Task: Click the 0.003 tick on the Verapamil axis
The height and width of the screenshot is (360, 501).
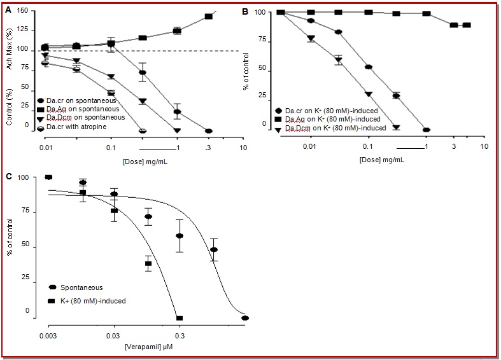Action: (x=48, y=333)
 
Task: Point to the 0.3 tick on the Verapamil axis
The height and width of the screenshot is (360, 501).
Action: (x=180, y=333)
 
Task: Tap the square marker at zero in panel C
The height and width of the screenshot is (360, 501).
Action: (x=180, y=318)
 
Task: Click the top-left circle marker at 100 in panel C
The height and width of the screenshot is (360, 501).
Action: (x=48, y=177)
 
